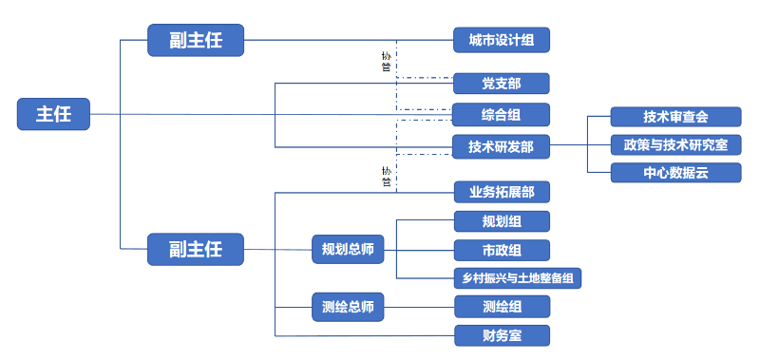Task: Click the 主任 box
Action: tap(54, 114)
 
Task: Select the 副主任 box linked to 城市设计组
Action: tap(196, 40)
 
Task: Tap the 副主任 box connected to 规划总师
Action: tap(196, 250)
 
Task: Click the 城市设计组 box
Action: tap(501, 40)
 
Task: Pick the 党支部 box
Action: tap(501, 84)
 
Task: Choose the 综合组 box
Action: tap(501, 115)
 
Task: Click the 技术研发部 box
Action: tap(501, 146)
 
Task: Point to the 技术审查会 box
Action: tap(675, 117)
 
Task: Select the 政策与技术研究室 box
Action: tap(675, 144)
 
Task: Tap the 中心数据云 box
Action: tap(675, 172)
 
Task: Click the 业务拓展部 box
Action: tap(501, 193)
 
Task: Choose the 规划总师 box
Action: tap(348, 251)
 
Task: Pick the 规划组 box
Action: tap(501, 221)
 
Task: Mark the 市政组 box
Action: tap(501, 250)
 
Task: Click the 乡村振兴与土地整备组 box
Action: tap(517, 278)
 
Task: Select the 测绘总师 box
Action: tap(348, 307)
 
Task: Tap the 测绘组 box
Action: tap(501, 307)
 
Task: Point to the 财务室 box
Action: tap(501, 335)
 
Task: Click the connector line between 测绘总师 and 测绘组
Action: tap(418, 307)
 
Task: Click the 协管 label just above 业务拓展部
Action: tap(387, 176)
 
